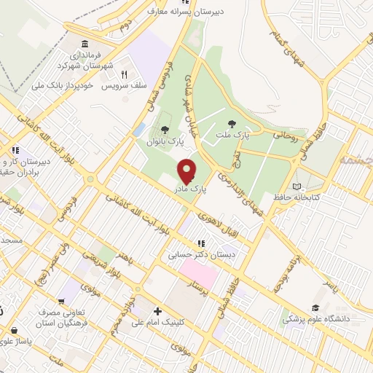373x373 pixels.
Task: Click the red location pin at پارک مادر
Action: [187, 170]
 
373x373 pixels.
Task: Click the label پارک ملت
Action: [232, 136]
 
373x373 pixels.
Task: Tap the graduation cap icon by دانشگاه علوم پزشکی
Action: [315, 308]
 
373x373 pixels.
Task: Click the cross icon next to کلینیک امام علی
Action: [157, 312]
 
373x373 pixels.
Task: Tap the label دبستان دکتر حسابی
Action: [192, 255]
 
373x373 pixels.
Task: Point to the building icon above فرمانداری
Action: [85, 43]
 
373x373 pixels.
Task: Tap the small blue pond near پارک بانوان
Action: [139, 130]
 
